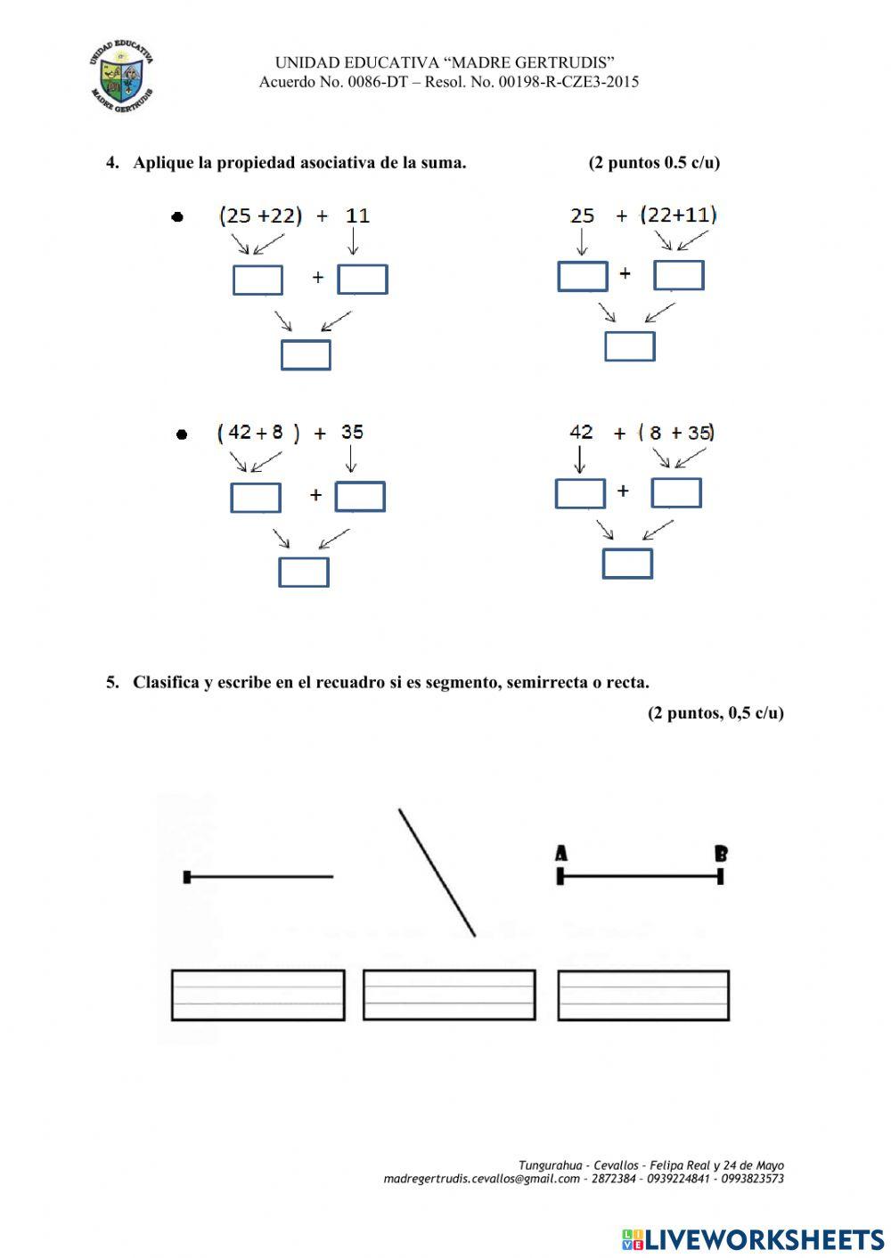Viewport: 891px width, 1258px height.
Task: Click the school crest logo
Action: pyautogui.click(x=122, y=78)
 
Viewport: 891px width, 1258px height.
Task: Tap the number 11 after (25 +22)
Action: pyautogui.click(x=357, y=215)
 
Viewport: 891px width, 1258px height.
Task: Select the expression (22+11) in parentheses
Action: pyautogui.click(x=678, y=215)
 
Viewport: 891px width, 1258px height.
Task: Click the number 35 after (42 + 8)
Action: pyautogui.click(x=352, y=432)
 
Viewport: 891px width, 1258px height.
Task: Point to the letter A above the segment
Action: pyautogui.click(x=561, y=854)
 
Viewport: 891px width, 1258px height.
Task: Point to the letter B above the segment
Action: pyautogui.click(x=721, y=854)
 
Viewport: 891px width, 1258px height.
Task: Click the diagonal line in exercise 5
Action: pyautogui.click(x=437, y=872)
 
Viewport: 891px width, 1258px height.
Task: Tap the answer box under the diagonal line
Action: pyautogui.click(x=449, y=994)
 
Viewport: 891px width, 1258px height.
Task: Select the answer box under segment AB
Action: pyautogui.click(x=643, y=994)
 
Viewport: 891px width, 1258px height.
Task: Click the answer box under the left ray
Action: pyautogui.click(x=257, y=994)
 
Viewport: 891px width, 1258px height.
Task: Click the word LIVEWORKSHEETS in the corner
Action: pyautogui.click(x=764, y=1238)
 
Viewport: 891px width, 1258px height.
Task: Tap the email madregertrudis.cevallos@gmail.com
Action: pyautogui.click(x=481, y=1179)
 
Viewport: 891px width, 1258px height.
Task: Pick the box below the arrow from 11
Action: pyautogui.click(x=363, y=280)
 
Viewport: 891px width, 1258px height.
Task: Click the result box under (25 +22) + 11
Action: pyautogui.click(x=306, y=354)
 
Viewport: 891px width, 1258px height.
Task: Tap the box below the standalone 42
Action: pyautogui.click(x=580, y=493)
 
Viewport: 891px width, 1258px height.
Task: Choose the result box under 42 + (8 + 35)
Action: pyautogui.click(x=627, y=564)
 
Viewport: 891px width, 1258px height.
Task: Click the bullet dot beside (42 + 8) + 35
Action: pyautogui.click(x=182, y=434)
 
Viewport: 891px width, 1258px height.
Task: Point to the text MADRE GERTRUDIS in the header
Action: pyautogui.click(x=530, y=62)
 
